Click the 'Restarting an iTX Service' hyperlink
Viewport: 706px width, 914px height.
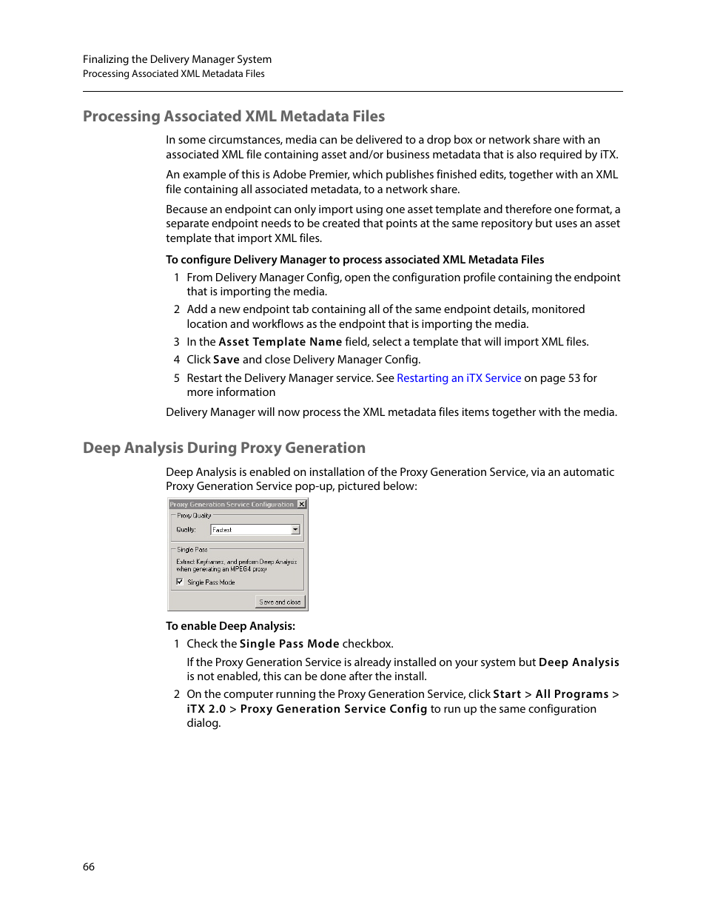click(459, 378)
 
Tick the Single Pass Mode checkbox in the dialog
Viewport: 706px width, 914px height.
click(180, 582)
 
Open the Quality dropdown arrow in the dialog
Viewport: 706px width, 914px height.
click(295, 530)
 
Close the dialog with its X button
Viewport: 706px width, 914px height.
click(301, 505)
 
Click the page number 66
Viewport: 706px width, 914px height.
click(89, 867)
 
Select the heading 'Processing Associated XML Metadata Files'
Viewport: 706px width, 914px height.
click(234, 116)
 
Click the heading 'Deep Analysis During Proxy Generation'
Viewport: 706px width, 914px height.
click(224, 448)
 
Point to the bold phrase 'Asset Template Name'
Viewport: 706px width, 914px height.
click(280, 342)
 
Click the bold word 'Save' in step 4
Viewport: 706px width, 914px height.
click(226, 360)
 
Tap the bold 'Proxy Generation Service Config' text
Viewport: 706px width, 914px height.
click(334, 709)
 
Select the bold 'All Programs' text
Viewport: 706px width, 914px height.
click(572, 694)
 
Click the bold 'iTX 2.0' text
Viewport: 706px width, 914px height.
click(206, 709)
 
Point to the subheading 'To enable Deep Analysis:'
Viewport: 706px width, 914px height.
click(230, 626)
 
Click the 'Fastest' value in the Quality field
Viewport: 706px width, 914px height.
click(223, 530)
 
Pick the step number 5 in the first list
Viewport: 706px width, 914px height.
click(177, 378)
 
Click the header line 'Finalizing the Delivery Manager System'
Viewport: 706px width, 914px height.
click(177, 59)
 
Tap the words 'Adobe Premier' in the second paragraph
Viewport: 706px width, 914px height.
click(311, 175)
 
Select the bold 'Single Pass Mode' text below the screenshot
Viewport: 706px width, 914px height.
click(289, 644)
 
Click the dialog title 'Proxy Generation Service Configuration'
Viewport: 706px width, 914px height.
click(232, 505)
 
